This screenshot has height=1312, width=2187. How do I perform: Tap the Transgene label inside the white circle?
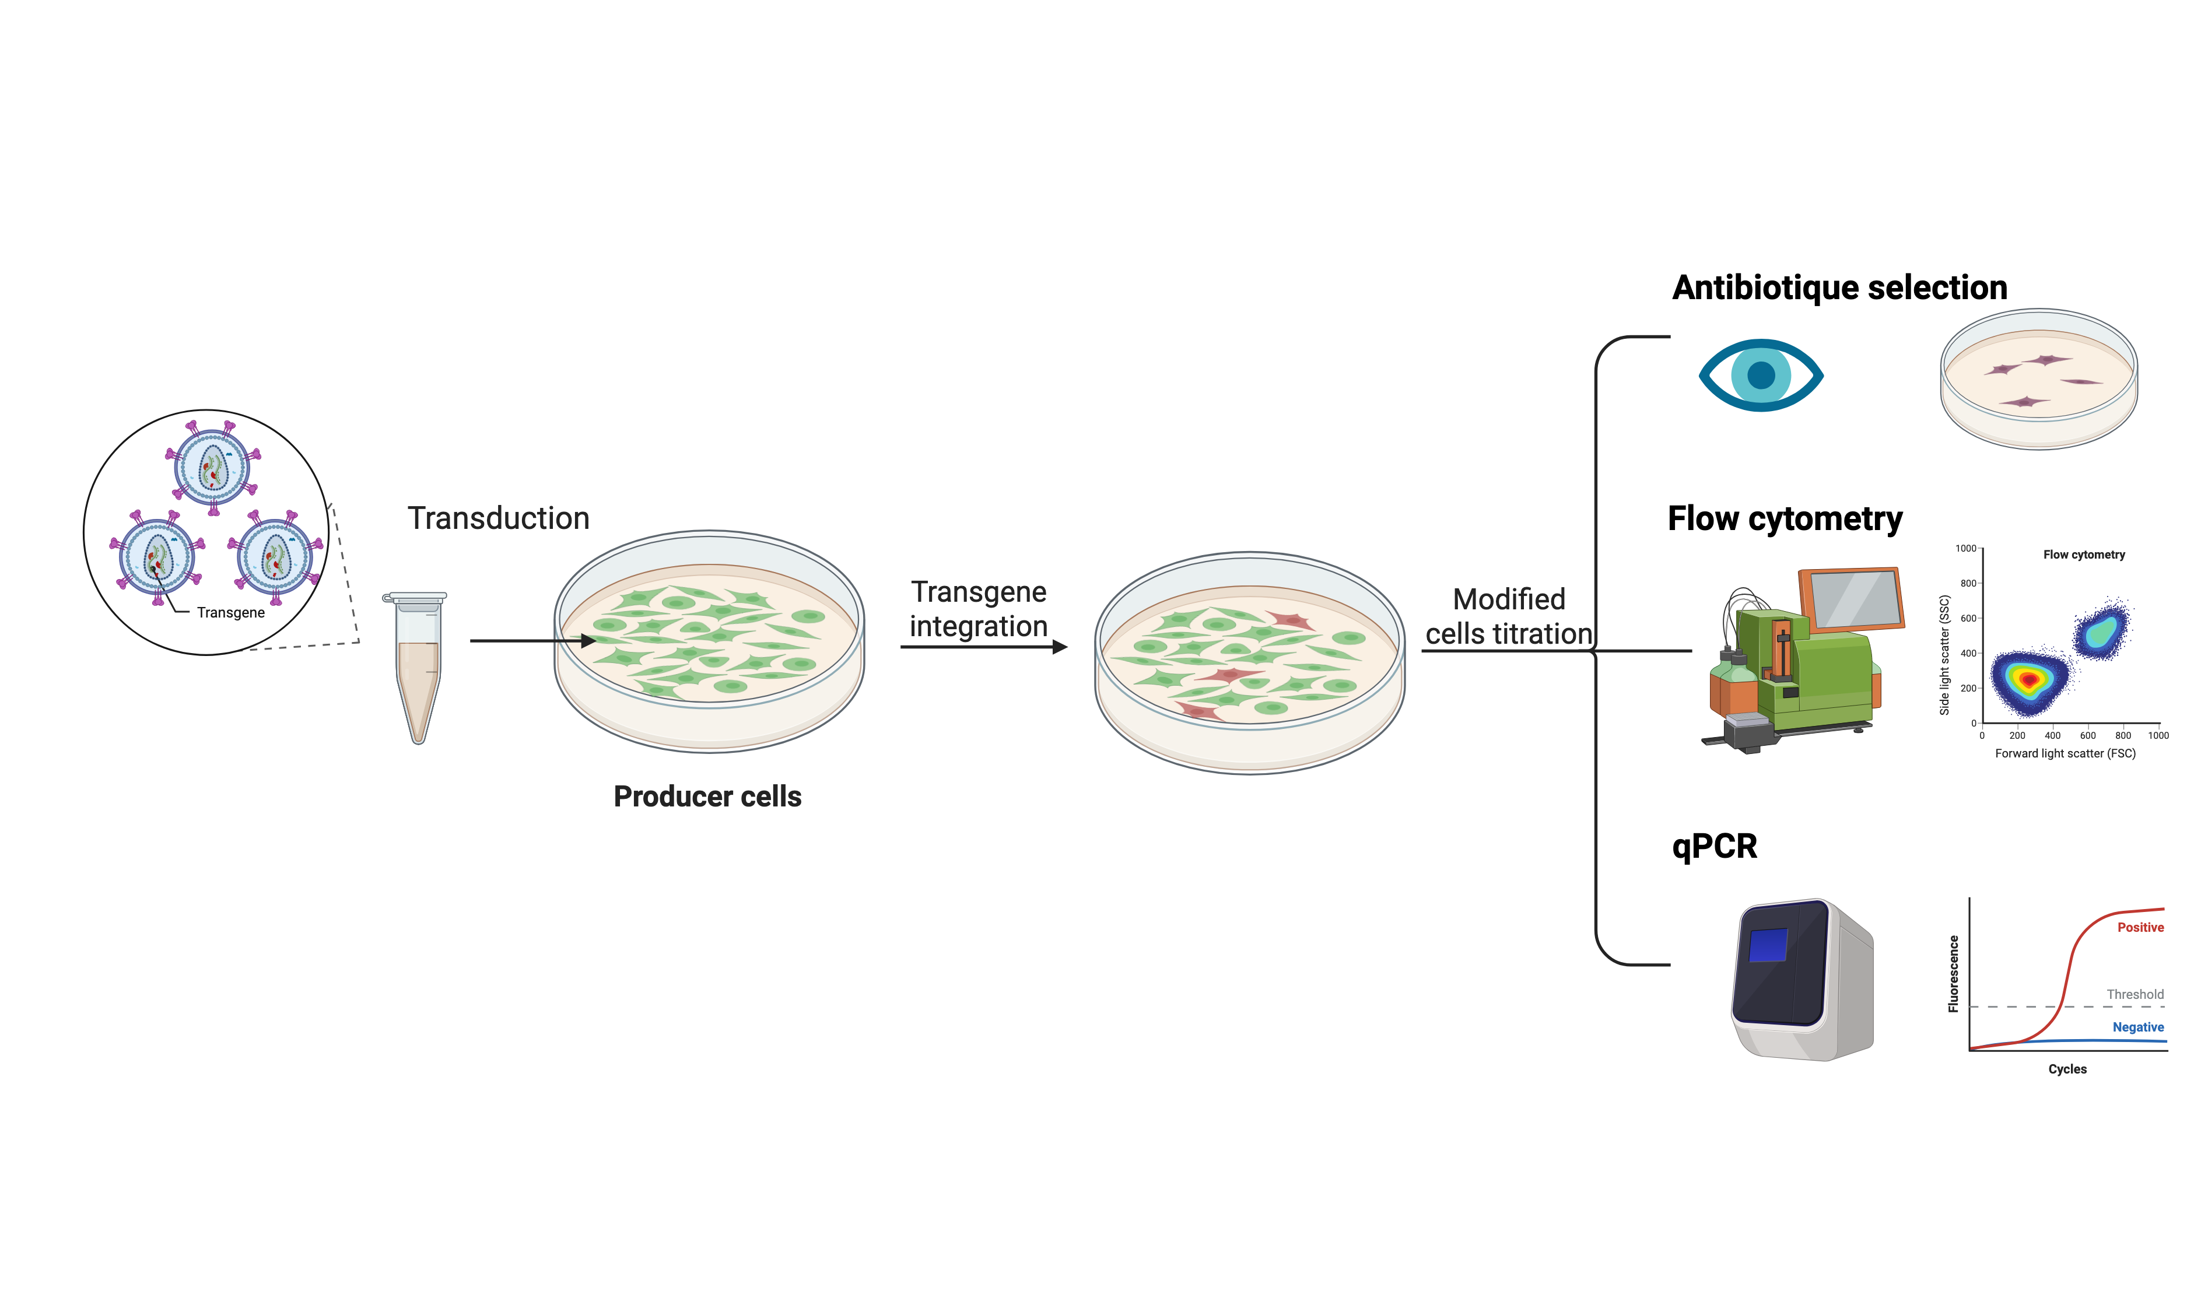pos(231,613)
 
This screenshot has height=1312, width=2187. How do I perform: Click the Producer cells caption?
pos(707,797)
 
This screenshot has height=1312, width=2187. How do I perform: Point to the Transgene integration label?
pos(979,609)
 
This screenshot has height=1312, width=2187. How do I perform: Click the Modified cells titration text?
pos(1508,616)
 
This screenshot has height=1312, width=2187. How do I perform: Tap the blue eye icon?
pos(1761,375)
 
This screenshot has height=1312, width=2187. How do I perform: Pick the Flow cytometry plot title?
pos(2084,555)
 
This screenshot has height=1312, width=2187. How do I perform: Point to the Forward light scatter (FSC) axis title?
pos(2065,753)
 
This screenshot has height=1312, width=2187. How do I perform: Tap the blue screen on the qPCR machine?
pos(1768,944)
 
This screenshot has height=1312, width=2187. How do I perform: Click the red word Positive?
pos(2140,927)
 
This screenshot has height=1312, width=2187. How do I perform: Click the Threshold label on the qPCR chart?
pos(2135,995)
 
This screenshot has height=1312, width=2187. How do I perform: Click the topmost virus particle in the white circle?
pos(212,466)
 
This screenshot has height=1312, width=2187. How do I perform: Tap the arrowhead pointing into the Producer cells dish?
pos(588,640)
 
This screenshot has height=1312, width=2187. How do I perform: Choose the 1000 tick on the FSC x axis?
pos(2158,735)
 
